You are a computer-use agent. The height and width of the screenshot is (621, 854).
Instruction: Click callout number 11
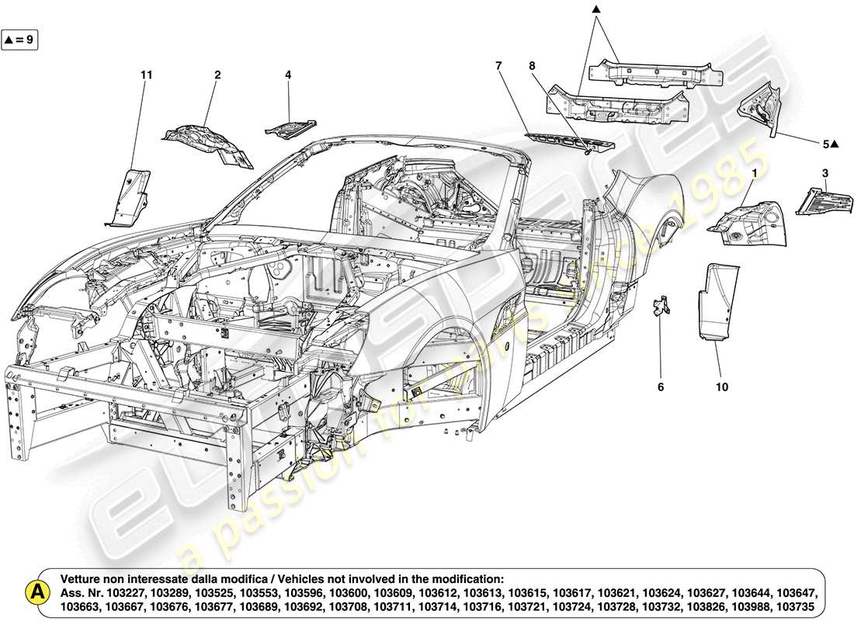(x=146, y=75)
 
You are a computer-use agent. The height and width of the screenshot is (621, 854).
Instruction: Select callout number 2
(x=217, y=75)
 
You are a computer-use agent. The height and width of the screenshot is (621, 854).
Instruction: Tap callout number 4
(x=288, y=75)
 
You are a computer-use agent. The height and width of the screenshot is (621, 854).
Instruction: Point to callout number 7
(x=499, y=66)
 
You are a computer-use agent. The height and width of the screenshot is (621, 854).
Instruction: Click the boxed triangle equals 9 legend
(x=19, y=38)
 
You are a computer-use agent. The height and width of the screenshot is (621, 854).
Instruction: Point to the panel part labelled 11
(x=127, y=196)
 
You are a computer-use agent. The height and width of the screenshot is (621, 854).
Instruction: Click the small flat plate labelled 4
(x=290, y=128)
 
